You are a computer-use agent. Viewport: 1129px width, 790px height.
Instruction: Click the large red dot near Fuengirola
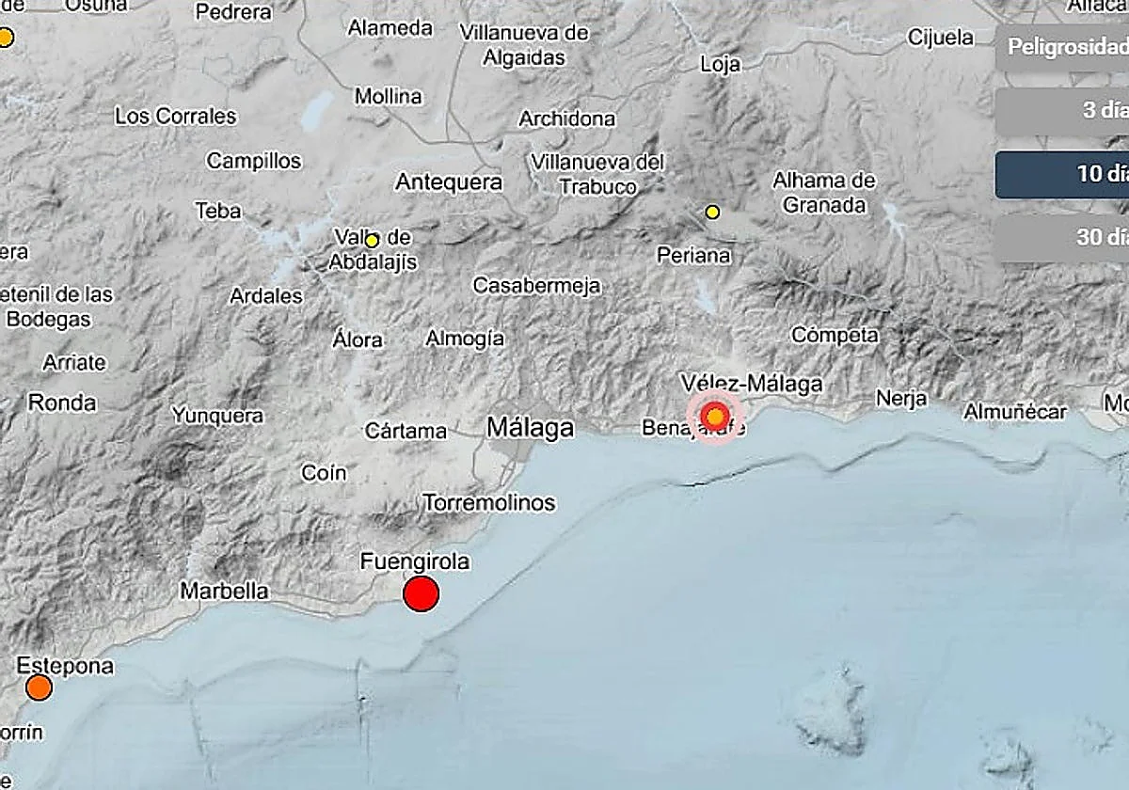click(x=421, y=593)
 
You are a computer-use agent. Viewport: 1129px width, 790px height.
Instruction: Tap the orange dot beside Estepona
click(x=39, y=687)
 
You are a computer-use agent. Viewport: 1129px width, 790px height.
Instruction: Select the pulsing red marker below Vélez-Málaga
click(x=716, y=416)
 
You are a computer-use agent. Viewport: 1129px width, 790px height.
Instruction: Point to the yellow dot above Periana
click(x=712, y=213)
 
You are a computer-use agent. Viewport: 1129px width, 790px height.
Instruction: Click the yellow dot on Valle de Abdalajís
click(x=372, y=241)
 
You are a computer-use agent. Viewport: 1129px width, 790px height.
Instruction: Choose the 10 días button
click(x=1063, y=175)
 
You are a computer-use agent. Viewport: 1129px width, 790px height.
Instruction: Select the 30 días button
click(x=1063, y=237)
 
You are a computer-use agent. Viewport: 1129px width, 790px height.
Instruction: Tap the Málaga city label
click(x=530, y=429)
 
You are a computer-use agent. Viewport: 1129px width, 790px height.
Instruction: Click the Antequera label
click(x=449, y=182)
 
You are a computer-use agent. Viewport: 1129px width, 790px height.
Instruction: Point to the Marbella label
click(x=224, y=592)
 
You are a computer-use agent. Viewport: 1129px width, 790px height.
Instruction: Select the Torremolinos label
click(x=489, y=502)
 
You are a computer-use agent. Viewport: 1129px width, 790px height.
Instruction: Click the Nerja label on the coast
click(x=901, y=398)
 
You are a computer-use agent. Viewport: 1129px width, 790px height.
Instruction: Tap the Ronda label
click(x=62, y=403)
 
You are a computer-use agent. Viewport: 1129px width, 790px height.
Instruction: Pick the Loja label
click(x=721, y=64)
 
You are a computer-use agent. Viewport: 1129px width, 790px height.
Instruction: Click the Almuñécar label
click(x=1015, y=412)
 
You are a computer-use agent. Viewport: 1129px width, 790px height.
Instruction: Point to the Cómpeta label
click(x=835, y=335)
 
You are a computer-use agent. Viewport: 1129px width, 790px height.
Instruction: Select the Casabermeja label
click(x=536, y=285)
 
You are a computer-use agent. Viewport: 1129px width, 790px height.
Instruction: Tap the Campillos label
click(x=254, y=161)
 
